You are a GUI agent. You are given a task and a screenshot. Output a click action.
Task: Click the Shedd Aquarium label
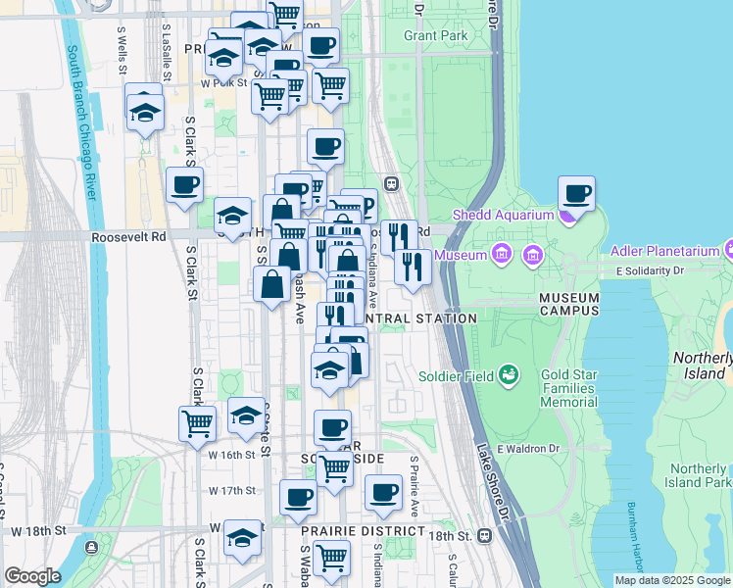pos(503,215)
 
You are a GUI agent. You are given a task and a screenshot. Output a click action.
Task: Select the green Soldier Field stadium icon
pos(508,373)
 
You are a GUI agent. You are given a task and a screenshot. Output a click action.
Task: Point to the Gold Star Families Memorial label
pos(568,389)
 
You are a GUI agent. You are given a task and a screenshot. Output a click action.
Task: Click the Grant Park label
pos(436,35)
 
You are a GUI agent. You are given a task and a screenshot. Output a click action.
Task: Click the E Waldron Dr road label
pos(527,449)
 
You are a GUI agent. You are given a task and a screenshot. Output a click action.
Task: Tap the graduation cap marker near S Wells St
pos(145,111)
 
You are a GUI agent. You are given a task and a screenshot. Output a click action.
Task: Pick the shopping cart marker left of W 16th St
pos(197,423)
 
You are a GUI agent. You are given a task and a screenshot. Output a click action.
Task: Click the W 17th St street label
pos(232,490)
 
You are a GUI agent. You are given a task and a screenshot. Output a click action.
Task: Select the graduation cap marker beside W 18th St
pos(243,537)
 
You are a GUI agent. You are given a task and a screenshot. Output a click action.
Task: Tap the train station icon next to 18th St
pos(484,536)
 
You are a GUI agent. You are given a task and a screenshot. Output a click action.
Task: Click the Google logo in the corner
pos(32,576)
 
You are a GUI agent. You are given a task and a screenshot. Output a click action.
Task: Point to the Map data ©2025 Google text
pos(672,580)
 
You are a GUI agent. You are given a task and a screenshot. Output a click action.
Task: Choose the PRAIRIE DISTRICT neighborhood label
pos(364,532)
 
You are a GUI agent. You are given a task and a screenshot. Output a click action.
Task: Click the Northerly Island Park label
pos(698,475)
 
